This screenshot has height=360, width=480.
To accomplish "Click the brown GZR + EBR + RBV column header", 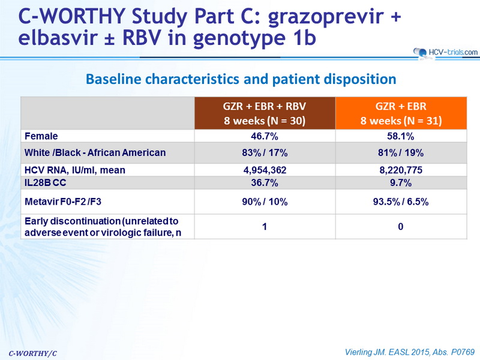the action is tap(265, 113).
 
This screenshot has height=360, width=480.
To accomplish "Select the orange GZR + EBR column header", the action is tap(401, 113).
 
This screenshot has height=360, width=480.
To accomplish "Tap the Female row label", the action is tap(41, 136).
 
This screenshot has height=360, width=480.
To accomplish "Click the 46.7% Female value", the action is tap(265, 136).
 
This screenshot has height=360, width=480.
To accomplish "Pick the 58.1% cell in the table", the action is tap(400, 136).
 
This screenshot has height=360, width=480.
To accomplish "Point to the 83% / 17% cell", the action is tap(265, 152).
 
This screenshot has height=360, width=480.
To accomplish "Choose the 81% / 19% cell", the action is tap(401, 152).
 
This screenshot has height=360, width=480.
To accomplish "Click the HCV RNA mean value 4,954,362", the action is tap(265, 170).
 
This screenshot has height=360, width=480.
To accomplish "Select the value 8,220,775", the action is tap(401, 170).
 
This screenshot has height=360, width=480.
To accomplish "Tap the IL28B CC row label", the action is tap(46, 183).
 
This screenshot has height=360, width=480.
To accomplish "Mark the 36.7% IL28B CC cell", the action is tap(265, 183).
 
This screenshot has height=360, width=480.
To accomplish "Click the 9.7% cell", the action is tap(401, 183).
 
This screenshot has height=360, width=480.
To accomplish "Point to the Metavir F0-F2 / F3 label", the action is tap(63, 202).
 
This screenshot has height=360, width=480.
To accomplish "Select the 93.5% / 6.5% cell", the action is tap(401, 202).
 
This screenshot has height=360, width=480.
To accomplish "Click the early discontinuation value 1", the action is tap(265, 227).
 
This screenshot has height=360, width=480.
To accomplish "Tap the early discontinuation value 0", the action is tap(401, 227).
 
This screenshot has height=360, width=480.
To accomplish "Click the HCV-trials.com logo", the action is tap(445, 52).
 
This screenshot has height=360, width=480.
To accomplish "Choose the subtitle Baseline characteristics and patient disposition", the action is tap(241, 79).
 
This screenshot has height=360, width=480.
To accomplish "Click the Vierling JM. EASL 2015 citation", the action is tap(410, 352).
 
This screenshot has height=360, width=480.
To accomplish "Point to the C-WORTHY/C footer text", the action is tap(33, 353).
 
